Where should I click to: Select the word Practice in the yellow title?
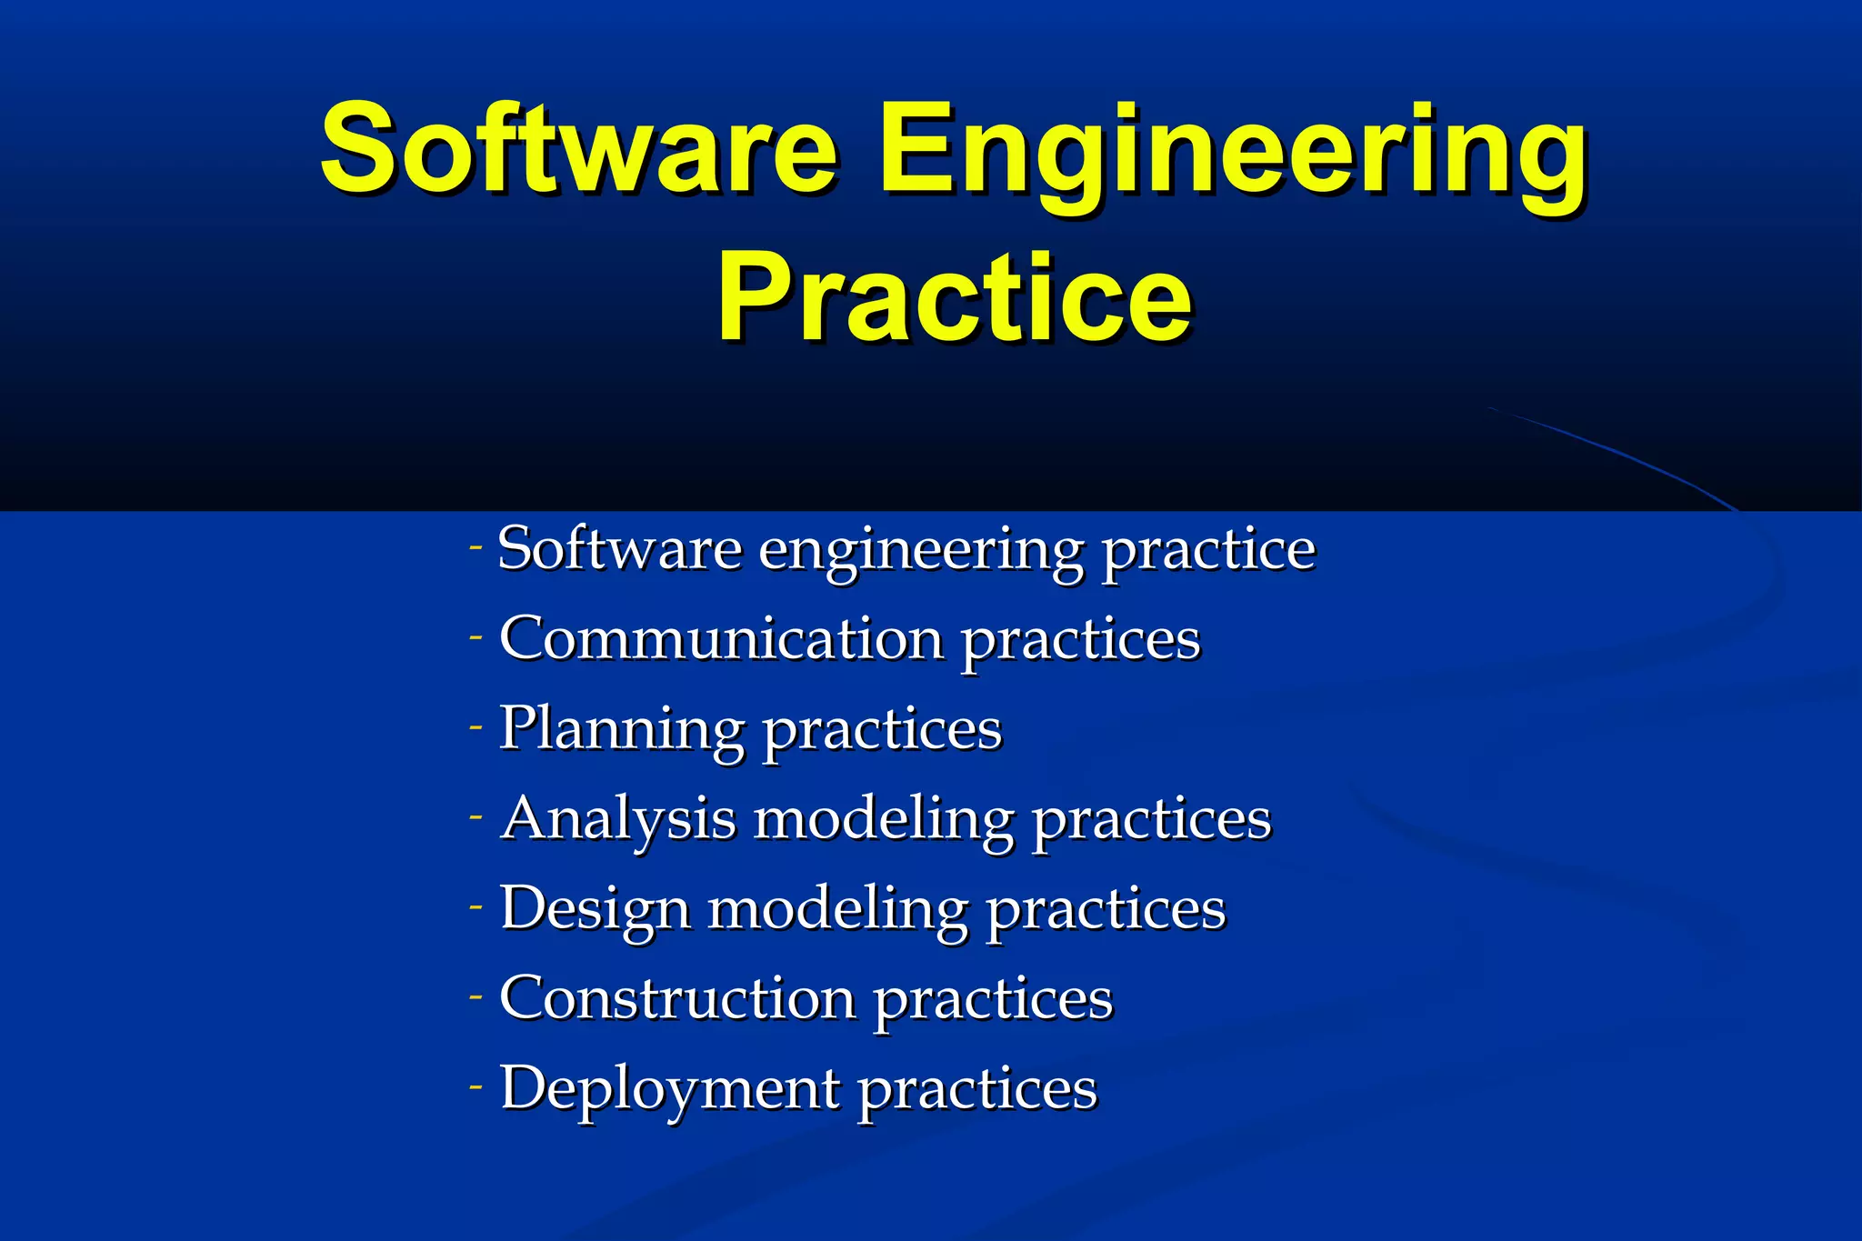pos(954,297)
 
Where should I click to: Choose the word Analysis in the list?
pos(618,819)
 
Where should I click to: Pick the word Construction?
pos(677,997)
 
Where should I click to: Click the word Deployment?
pos(670,1088)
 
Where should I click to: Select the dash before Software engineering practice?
pos(476,547)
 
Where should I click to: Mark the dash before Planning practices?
pos(476,727)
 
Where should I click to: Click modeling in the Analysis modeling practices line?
pos(884,819)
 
